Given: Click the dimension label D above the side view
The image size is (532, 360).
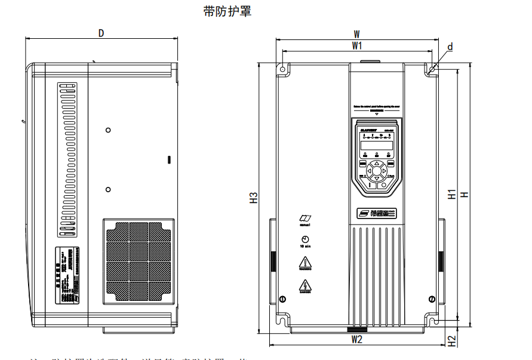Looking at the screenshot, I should click(102, 33).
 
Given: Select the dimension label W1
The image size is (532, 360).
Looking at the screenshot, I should click(357, 45).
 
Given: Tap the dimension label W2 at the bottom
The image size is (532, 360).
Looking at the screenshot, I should click(356, 340).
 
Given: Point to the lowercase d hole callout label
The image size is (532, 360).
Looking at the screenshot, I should click(450, 47).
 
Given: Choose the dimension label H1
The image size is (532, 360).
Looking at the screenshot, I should click(452, 194).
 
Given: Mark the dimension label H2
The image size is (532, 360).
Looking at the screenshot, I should click(452, 341).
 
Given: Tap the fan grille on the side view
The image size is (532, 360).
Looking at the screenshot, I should click(139, 261).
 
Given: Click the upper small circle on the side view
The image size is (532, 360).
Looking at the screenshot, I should click(108, 130).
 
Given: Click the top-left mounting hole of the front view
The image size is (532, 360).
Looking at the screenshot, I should click(282, 69).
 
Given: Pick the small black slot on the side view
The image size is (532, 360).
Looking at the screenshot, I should click(169, 159).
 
